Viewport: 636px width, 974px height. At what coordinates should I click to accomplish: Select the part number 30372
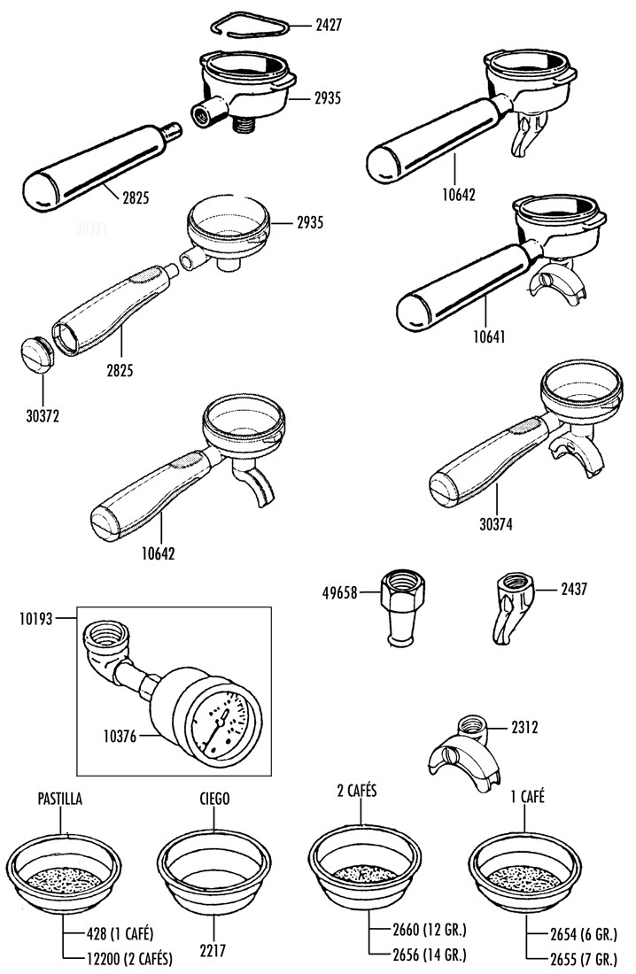42,413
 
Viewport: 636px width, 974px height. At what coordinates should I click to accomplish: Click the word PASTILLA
59,799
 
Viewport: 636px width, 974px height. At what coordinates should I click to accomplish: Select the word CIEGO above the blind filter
214,799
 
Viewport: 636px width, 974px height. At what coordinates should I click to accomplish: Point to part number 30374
494,523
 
